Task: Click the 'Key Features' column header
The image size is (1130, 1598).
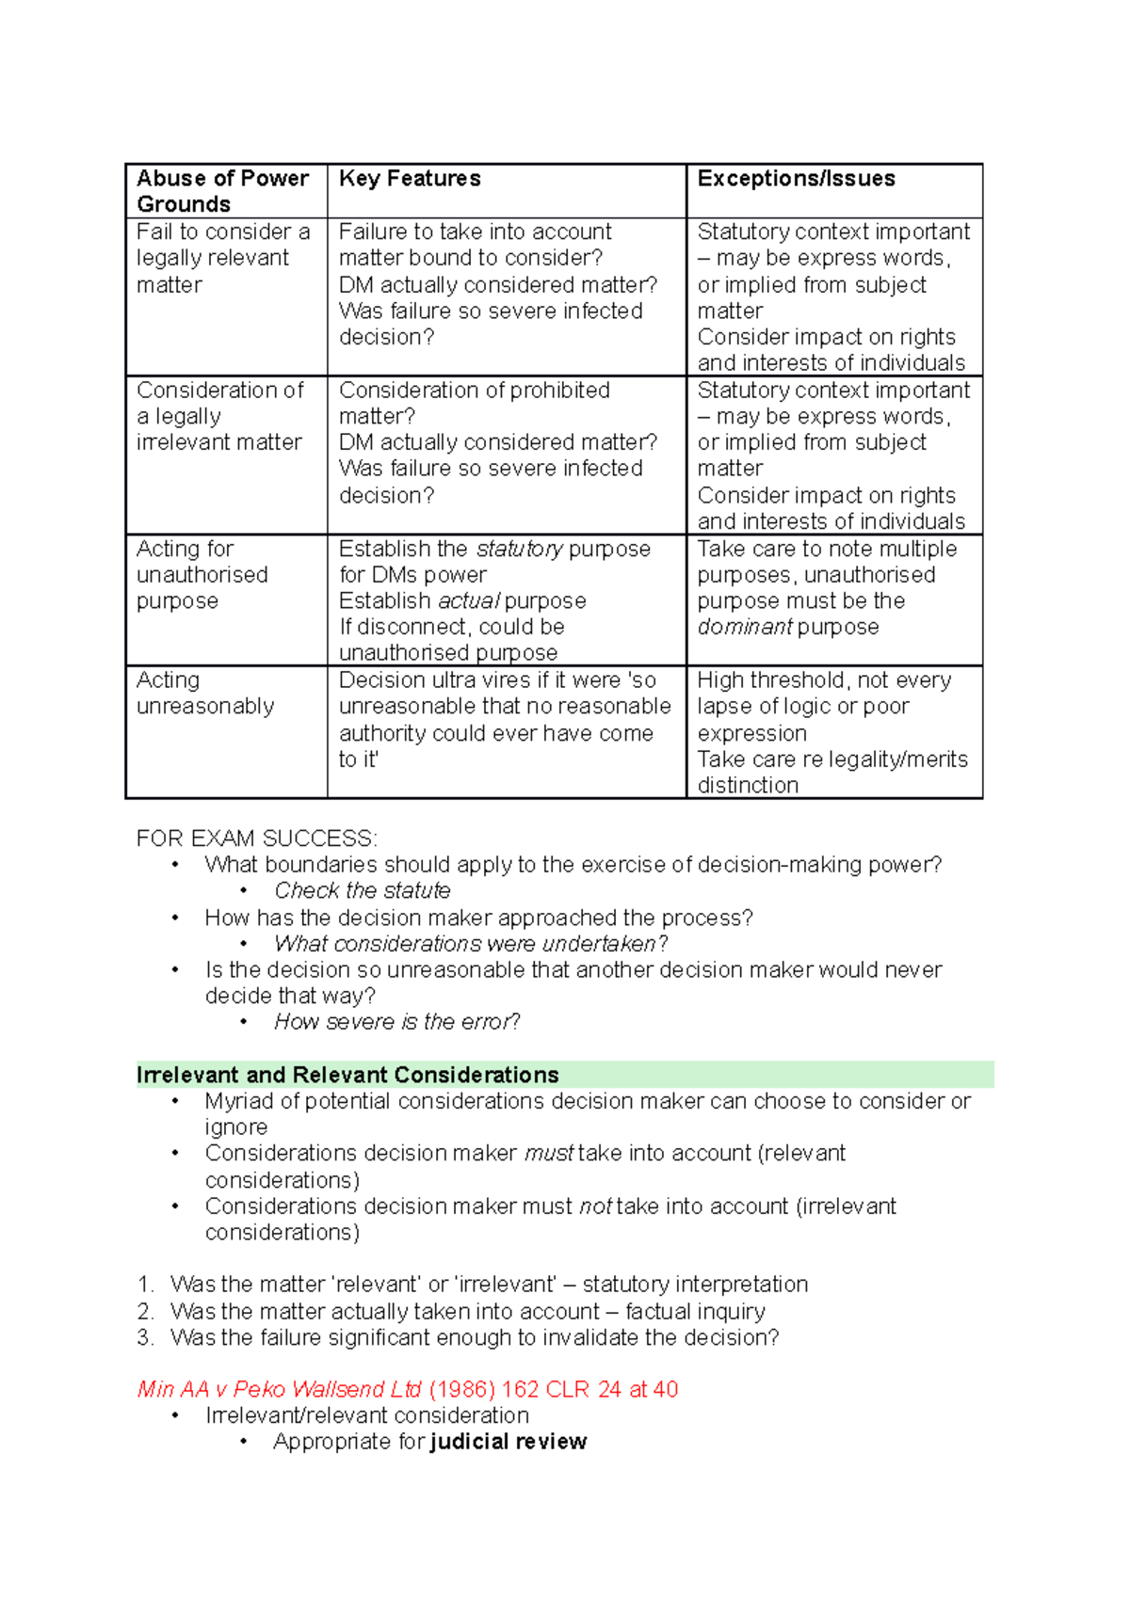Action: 410,179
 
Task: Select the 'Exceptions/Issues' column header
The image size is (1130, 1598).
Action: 796,179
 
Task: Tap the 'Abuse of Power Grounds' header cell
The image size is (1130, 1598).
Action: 222,191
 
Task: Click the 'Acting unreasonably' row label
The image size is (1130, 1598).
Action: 205,693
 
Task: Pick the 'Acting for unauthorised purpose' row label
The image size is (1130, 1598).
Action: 202,574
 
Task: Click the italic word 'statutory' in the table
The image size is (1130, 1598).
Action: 520,549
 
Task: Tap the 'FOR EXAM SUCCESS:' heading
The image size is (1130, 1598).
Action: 256,839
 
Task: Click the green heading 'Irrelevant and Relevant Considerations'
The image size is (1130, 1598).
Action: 347,1075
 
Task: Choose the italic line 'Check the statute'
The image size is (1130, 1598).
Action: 363,890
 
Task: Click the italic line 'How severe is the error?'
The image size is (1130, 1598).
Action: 396,1022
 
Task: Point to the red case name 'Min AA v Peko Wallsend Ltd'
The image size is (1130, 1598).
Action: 280,1389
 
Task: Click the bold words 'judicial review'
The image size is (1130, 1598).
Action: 508,1442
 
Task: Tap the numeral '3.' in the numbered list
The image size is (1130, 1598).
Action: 145,1337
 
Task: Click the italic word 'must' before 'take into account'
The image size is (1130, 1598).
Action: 549,1154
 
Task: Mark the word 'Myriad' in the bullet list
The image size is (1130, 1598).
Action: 238,1101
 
